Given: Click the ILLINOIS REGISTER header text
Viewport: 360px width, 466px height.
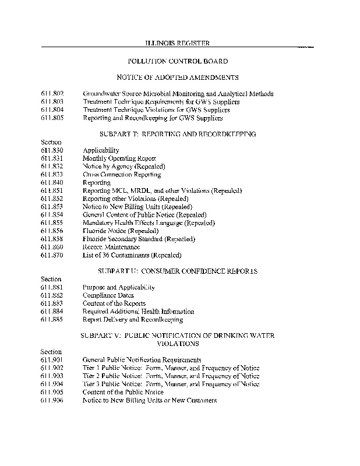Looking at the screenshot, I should coord(177,44).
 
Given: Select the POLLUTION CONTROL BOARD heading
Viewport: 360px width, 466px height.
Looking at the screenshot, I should coord(177,61).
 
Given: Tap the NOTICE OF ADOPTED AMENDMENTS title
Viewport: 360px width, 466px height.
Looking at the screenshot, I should coord(177,77).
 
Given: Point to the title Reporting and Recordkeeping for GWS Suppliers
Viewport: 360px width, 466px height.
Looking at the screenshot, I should coord(153,118).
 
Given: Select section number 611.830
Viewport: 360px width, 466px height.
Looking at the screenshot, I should coord(52,150).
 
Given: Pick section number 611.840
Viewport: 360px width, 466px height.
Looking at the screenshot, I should coord(52,183).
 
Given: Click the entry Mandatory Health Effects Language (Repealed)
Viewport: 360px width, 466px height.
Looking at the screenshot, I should coord(149,223).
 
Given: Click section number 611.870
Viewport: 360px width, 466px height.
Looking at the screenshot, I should coord(52,255).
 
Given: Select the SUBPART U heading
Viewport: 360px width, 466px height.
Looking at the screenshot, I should coord(177,271).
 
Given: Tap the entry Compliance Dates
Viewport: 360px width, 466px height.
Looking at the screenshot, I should coord(108,295).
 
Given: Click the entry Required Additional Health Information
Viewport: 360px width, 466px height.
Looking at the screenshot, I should coord(138,312).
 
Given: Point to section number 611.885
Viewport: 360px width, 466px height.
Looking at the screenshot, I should coord(52,320).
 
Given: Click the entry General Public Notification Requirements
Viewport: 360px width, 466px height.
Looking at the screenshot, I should coord(142,360).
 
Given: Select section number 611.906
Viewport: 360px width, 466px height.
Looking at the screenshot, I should coord(52,401).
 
